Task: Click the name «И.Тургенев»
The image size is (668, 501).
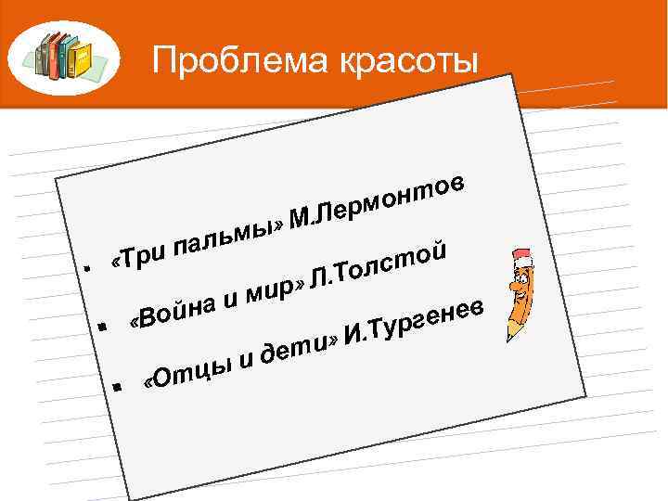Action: click(414, 320)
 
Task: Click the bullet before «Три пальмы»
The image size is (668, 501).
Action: click(86, 266)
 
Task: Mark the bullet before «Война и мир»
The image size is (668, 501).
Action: click(102, 326)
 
